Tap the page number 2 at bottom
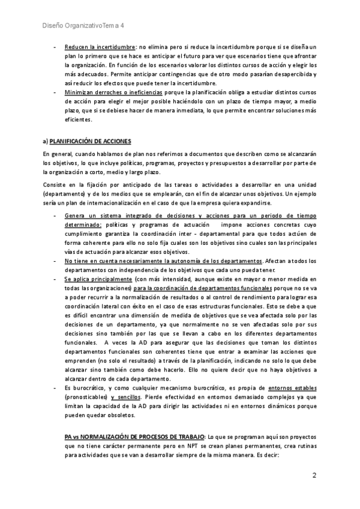[314, 475]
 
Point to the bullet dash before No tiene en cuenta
[55, 261]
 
